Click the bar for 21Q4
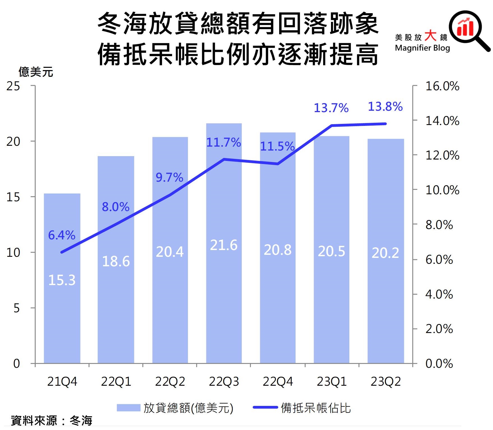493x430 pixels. (62, 308)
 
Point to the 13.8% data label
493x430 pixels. (385, 107)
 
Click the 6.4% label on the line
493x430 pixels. (62, 235)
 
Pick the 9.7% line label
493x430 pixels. (169, 177)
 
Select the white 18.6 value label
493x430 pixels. (116, 262)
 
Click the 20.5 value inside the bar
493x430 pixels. (331, 251)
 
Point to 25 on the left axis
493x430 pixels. (13, 86)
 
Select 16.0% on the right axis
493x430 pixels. (442, 86)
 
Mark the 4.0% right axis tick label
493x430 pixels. (439, 295)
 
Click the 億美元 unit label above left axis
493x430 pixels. (36, 72)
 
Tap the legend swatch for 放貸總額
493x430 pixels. (128, 408)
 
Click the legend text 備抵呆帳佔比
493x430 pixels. (316, 408)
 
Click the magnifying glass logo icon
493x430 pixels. (468, 29)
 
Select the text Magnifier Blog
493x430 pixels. (422, 48)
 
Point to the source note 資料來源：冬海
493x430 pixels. (52, 421)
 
